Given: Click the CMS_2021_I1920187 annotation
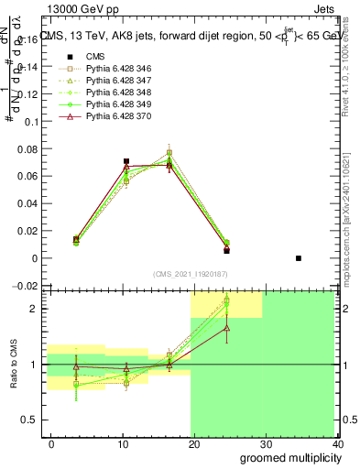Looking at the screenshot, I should pos(191,273).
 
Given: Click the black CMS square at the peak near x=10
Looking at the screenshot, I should pos(126,161).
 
